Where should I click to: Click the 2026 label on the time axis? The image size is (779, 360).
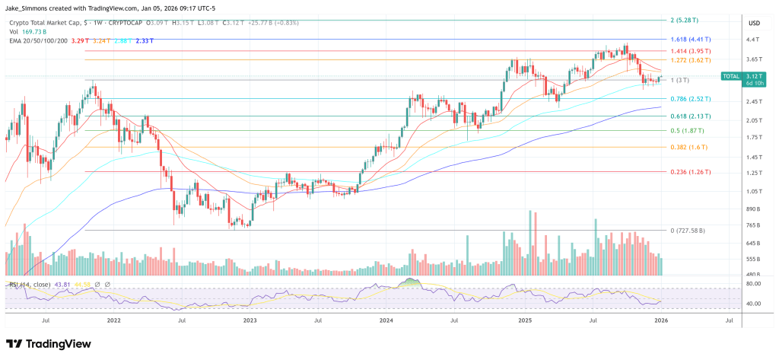coord(661,321)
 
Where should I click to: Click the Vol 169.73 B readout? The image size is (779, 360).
coord(29,32)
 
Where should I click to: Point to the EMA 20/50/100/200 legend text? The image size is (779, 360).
coord(39,41)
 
